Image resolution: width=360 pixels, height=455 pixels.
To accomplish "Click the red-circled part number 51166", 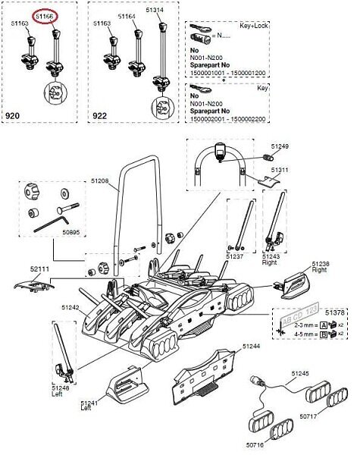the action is [45, 17].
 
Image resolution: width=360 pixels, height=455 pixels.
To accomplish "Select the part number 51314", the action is [155, 10].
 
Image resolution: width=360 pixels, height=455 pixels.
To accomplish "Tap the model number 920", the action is [12, 116].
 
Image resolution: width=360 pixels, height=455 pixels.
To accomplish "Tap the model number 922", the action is [99, 116].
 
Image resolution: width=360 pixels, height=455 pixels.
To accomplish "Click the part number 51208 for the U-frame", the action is [99, 180].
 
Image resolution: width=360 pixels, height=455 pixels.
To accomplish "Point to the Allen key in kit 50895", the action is [52, 224].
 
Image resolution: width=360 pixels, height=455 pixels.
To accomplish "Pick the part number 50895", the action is [71, 232].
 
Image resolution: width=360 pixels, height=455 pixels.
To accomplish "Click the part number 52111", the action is [39, 268].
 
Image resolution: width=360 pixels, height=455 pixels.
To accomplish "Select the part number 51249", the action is [280, 146].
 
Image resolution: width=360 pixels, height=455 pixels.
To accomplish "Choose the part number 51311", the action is [280, 169].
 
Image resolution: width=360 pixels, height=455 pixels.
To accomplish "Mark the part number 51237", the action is [235, 256].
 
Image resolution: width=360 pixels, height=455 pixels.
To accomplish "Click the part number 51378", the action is [335, 312].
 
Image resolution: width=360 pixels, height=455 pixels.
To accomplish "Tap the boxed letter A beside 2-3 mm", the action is [324, 325].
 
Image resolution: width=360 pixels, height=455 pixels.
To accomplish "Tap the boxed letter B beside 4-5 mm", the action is [324, 334].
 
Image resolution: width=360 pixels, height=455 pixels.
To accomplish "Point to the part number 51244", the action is [251, 347].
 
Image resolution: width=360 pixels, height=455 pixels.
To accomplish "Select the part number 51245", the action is [300, 373].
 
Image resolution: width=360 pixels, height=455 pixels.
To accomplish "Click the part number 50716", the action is [255, 444].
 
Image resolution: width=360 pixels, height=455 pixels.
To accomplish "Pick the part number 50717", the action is [308, 416].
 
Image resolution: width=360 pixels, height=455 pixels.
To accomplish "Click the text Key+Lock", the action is [254, 26].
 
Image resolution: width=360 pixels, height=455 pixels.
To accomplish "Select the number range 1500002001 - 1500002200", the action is [227, 119].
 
